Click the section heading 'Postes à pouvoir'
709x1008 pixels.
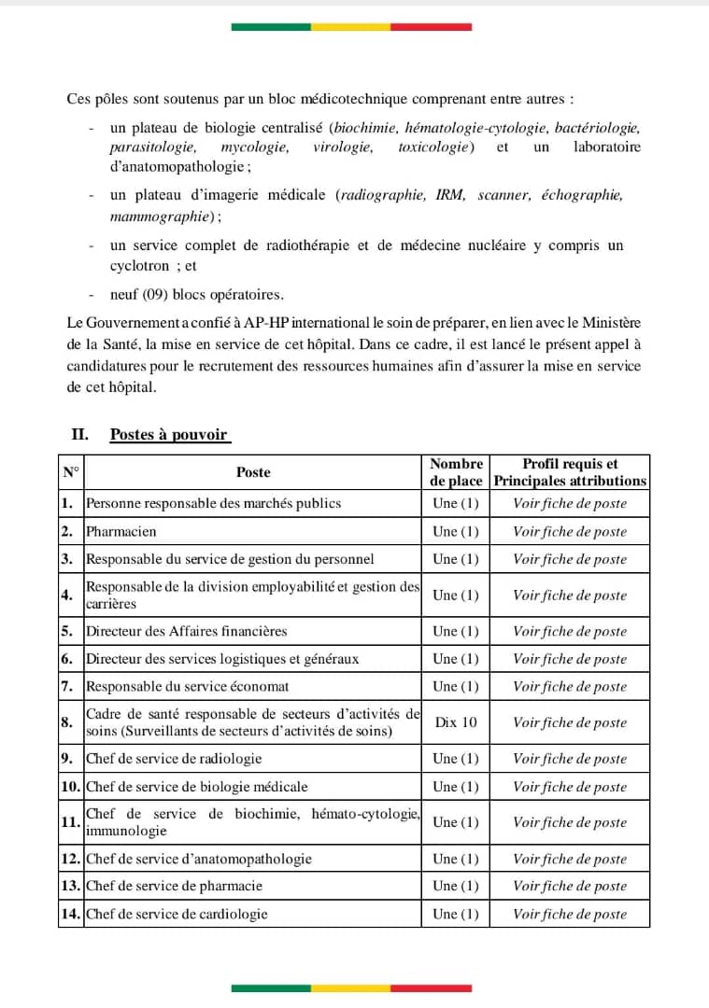(169, 434)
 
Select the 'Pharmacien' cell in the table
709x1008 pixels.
(121, 531)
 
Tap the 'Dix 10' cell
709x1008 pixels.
(456, 722)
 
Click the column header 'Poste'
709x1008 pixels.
(253, 472)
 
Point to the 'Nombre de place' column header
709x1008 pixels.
(456, 472)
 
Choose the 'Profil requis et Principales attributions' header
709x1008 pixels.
(570, 472)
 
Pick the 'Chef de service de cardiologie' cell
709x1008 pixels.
(177, 914)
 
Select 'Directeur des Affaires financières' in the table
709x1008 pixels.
(187, 631)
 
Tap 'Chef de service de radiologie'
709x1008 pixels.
(174, 759)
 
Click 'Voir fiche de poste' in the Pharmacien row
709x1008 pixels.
(570, 531)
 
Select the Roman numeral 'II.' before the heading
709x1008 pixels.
(79, 434)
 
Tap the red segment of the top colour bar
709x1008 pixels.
(431, 27)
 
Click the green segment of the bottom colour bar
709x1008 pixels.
(271, 987)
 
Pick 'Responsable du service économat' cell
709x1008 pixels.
(188, 686)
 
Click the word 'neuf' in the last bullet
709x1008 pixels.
(123, 295)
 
